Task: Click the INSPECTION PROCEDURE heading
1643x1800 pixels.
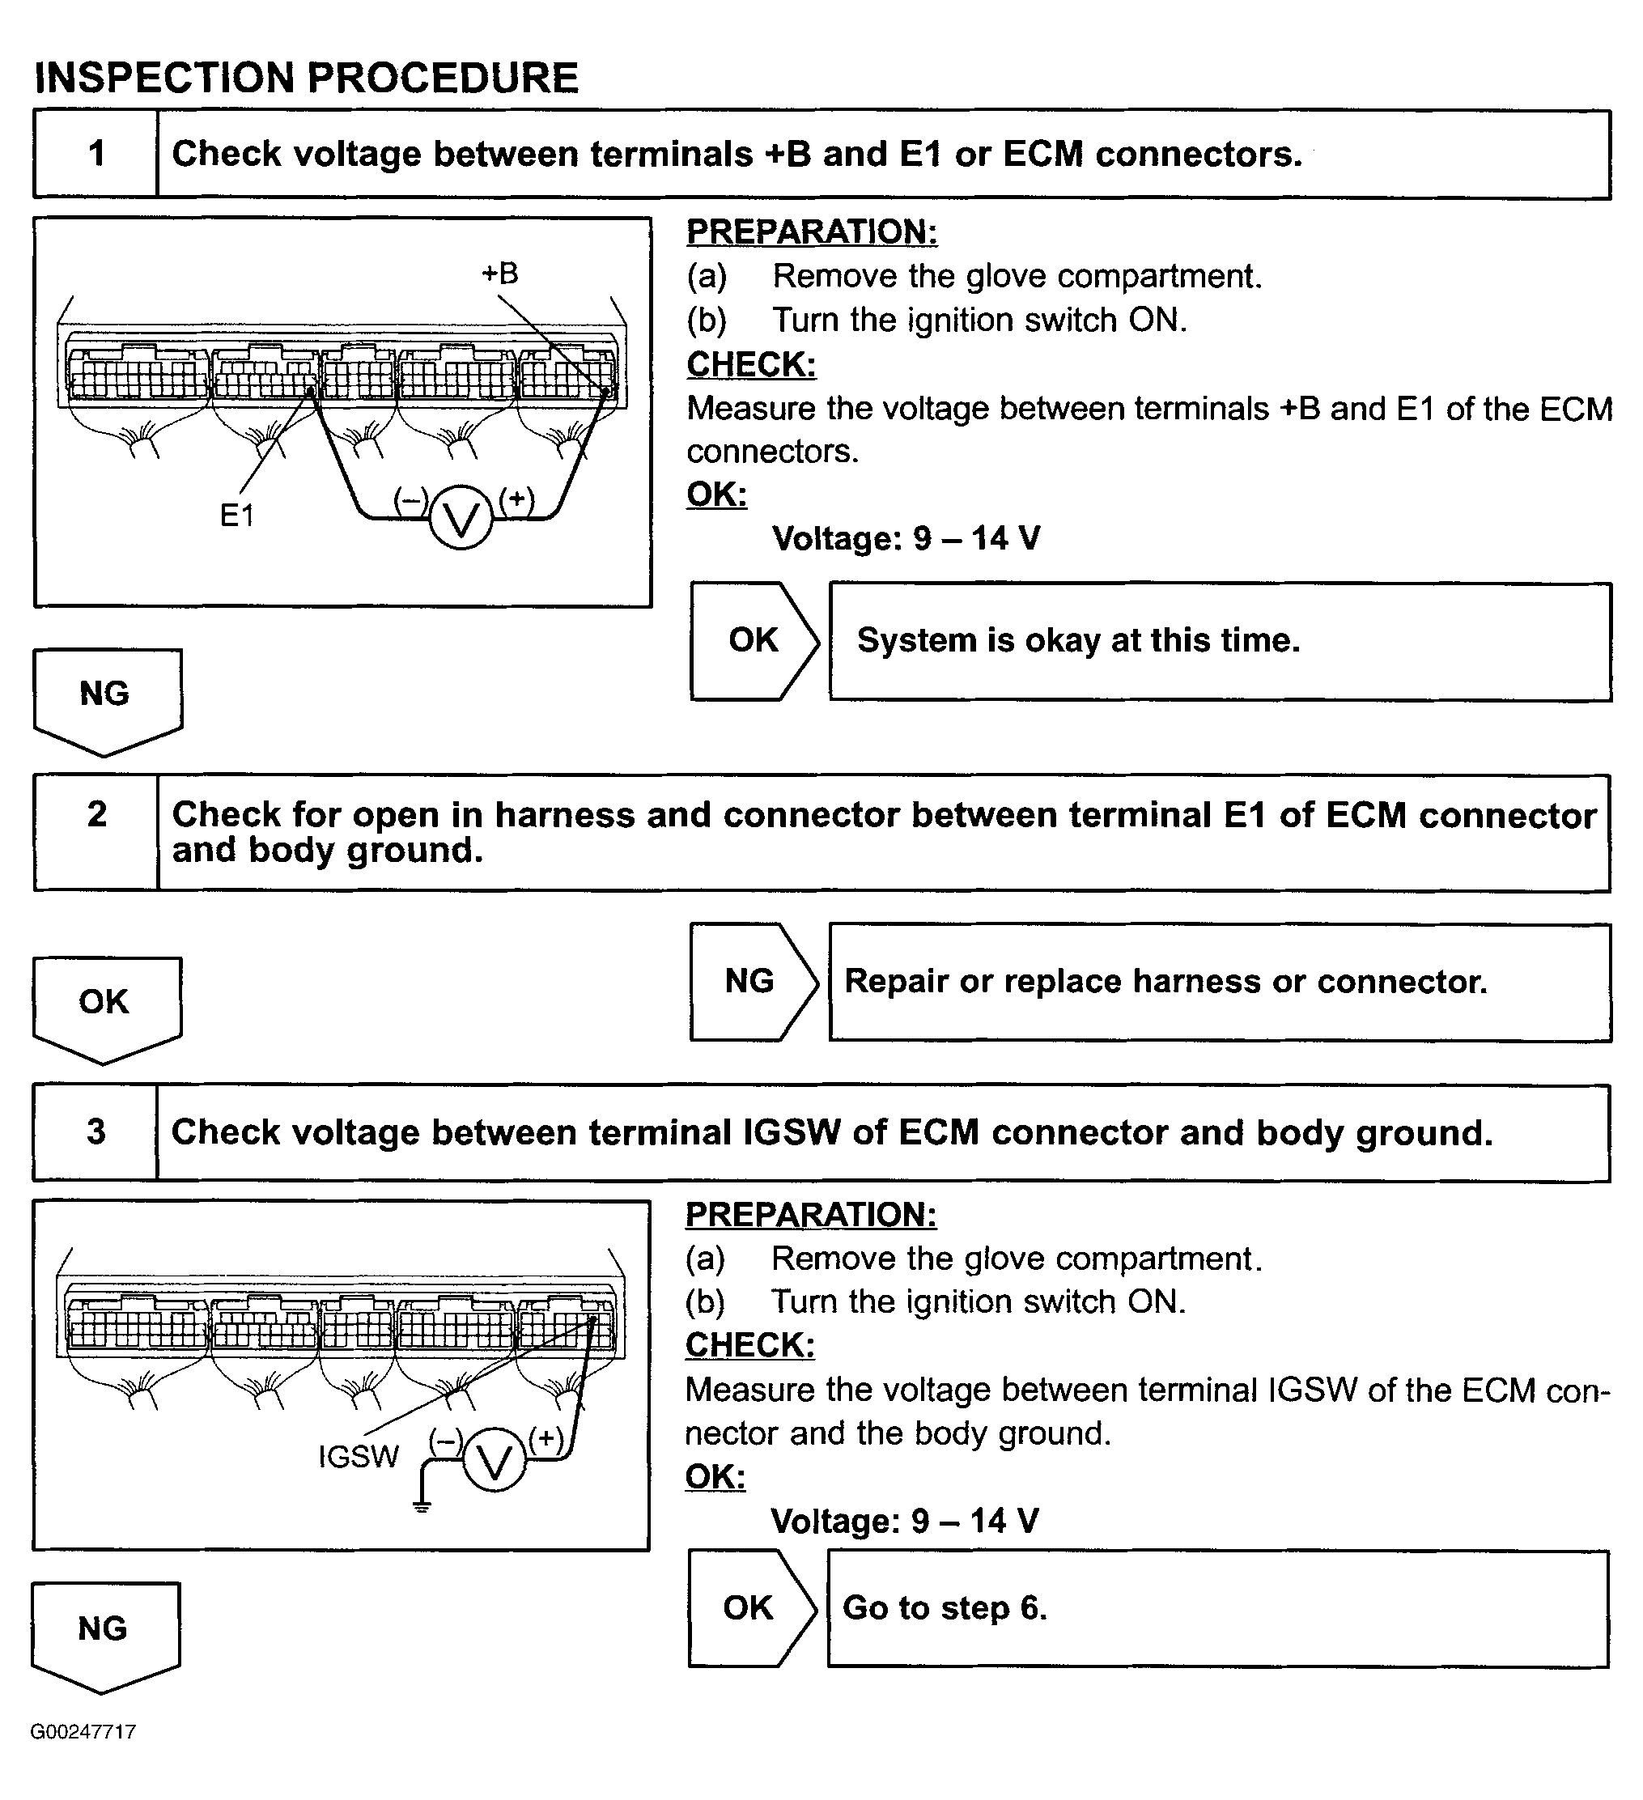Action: (x=306, y=78)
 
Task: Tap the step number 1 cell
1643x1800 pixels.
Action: (x=96, y=154)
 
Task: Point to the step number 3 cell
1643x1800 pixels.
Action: (x=96, y=1131)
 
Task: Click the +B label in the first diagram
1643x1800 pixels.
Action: (x=500, y=274)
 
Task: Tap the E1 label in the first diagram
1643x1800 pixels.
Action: (x=236, y=516)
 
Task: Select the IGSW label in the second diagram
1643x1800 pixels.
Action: (x=358, y=1456)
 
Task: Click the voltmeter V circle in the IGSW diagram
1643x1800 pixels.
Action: (x=494, y=1461)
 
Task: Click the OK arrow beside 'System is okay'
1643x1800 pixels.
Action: (x=754, y=640)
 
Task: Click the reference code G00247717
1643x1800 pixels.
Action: (x=83, y=1732)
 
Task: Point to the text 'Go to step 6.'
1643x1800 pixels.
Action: (x=945, y=1608)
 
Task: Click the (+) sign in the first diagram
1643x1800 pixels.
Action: (x=516, y=499)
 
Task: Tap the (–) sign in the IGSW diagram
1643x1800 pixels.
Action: (x=446, y=1439)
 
